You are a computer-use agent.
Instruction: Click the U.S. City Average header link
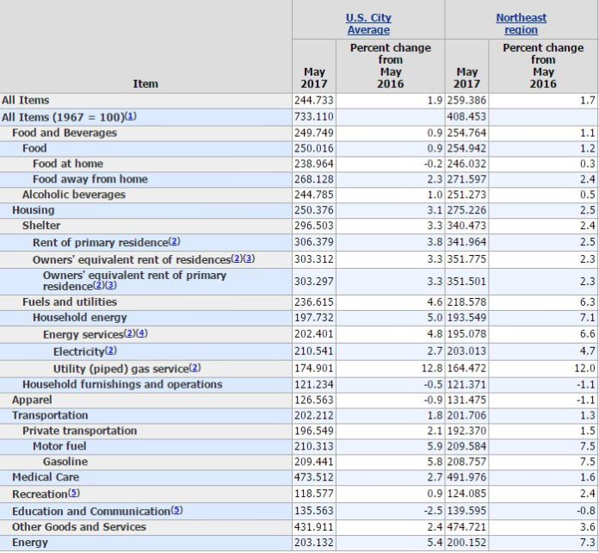(x=368, y=24)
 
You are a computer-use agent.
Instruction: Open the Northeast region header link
(x=521, y=24)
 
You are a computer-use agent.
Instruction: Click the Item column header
(x=145, y=84)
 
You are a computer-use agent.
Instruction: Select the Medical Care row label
(x=46, y=477)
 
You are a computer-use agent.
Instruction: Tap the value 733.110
(x=313, y=116)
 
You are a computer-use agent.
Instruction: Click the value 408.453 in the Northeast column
(x=466, y=116)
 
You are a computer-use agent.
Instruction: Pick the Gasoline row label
(x=65, y=462)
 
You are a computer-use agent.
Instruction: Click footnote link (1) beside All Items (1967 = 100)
(x=131, y=116)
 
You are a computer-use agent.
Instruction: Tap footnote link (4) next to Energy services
(x=142, y=333)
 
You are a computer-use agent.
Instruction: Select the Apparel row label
(x=32, y=400)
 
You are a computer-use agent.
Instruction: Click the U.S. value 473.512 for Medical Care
(x=313, y=477)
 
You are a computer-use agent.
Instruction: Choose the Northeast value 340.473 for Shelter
(x=466, y=226)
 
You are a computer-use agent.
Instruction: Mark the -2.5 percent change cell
(x=433, y=511)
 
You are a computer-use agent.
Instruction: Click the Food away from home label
(x=90, y=179)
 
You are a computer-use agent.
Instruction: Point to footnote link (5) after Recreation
(x=74, y=493)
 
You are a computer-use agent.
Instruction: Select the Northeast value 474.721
(x=466, y=526)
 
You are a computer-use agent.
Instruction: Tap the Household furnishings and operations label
(x=122, y=384)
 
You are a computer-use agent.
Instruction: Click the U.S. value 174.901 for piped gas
(x=313, y=369)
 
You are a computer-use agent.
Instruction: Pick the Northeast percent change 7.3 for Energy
(x=588, y=543)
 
